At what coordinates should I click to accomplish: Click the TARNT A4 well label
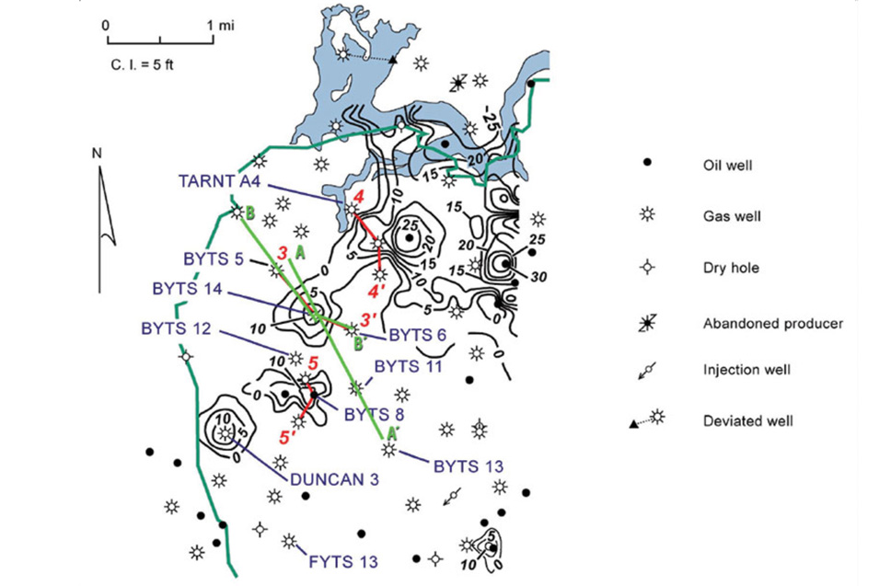coord(220,182)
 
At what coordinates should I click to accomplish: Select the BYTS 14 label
coord(187,289)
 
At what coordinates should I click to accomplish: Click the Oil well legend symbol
coord(647,164)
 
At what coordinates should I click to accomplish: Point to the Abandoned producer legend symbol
coord(647,323)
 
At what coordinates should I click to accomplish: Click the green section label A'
coord(392,431)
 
